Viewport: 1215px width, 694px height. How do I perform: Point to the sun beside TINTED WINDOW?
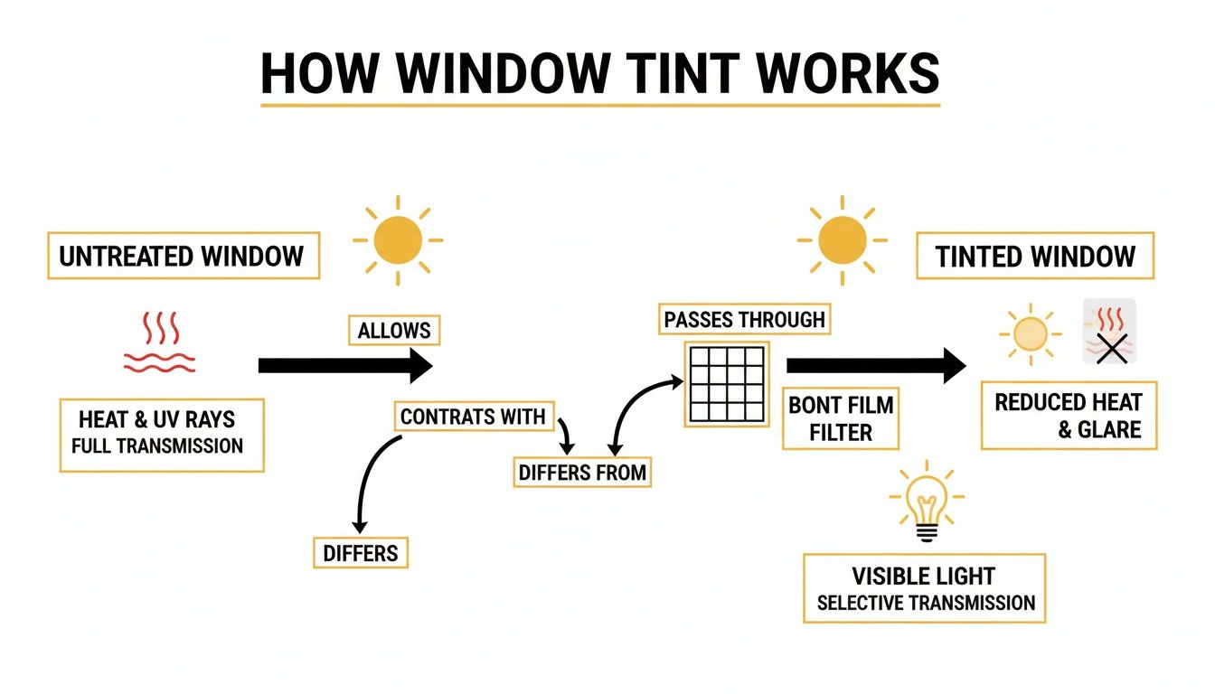(842, 240)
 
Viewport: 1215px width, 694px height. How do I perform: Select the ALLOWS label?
(394, 331)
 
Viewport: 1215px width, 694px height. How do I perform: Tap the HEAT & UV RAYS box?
(161, 434)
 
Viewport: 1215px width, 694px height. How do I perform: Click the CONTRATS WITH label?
(473, 417)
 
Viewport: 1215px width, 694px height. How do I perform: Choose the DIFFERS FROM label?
(581, 473)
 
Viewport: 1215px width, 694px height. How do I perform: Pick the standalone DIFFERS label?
(360, 552)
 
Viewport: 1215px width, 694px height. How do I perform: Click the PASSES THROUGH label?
(744, 319)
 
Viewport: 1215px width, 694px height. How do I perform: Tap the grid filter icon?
(727, 383)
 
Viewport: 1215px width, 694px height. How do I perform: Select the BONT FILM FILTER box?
(841, 418)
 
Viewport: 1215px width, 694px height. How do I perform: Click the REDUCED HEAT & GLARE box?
(1068, 415)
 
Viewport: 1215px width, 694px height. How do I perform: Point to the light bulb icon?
(926, 503)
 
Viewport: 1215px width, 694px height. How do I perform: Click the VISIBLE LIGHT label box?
(924, 588)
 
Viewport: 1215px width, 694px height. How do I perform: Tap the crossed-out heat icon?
(1109, 332)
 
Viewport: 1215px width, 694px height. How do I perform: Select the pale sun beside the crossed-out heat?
(1028, 334)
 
